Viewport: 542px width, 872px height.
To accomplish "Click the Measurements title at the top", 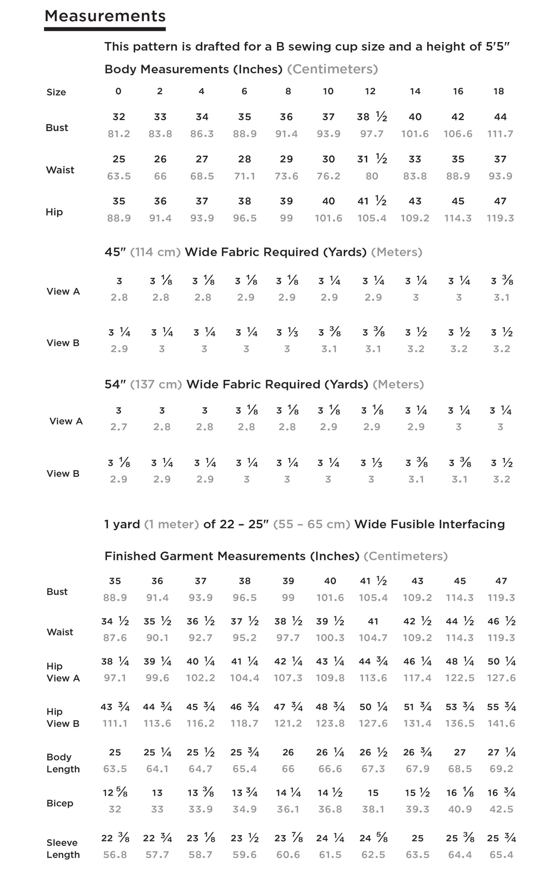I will (x=105, y=16).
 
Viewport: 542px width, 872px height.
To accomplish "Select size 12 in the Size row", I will (x=370, y=91).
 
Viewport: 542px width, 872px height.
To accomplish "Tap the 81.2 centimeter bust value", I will (x=119, y=134).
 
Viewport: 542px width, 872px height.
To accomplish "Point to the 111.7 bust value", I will (x=500, y=134).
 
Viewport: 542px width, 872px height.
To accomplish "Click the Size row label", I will (x=56, y=93).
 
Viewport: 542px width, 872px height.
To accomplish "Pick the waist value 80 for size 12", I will (x=372, y=176).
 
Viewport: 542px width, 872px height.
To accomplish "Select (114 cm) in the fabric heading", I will (x=155, y=252).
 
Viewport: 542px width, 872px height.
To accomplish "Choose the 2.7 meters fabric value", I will (x=119, y=427).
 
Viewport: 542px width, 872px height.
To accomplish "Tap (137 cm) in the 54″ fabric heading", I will (x=156, y=385).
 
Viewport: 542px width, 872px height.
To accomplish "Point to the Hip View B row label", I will (x=63, y=718).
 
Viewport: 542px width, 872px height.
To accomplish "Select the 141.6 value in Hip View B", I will (x=501, y=723).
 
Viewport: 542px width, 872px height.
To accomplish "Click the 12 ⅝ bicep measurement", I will (x=115, y=793).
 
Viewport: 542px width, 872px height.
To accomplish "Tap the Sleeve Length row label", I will (x=63, y=849).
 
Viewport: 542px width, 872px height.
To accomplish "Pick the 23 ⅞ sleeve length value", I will (x=288, y=838).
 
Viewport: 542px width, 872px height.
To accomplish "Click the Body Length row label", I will (x=63, y=763).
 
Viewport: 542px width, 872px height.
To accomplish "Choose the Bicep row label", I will (x=60, y=803).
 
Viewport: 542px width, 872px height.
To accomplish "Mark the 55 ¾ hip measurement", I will (x=501, y=707).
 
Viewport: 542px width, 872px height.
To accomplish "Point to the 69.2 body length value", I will (x=501, y=769).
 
